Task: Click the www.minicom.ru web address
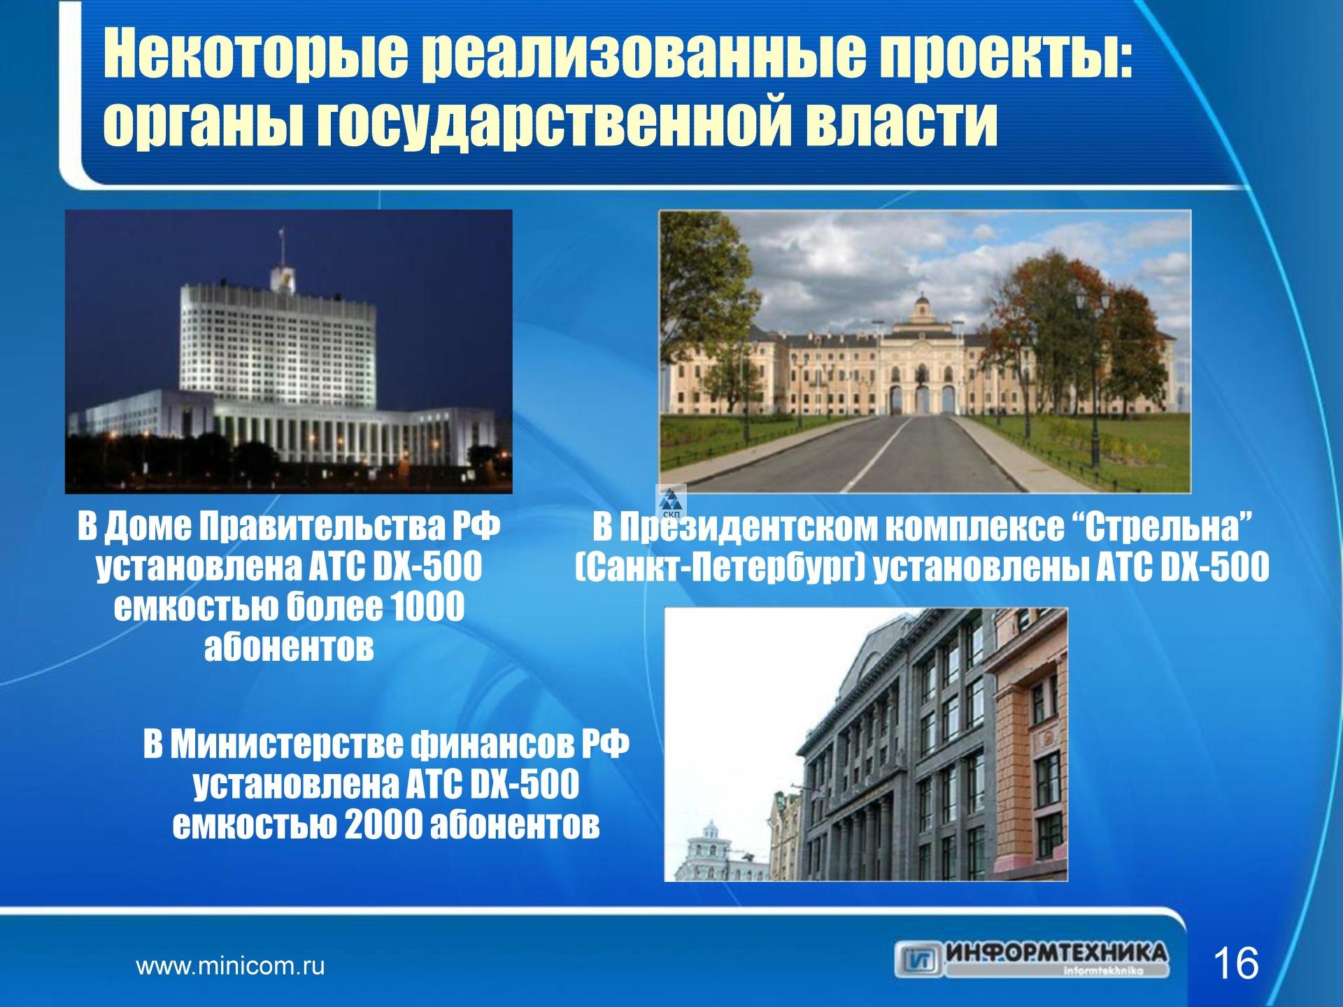click(x=230, y=967)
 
